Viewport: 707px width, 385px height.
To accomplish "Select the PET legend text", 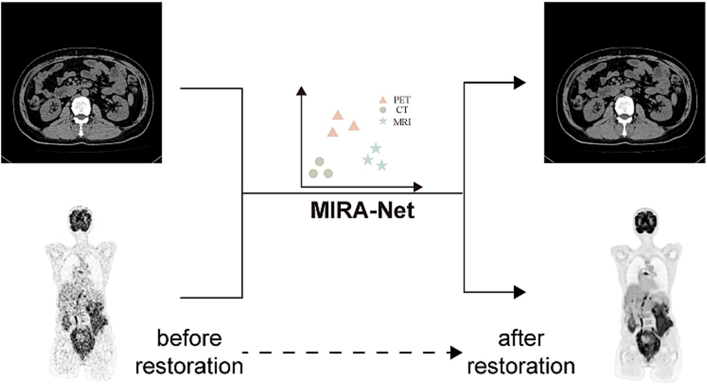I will point(402,100).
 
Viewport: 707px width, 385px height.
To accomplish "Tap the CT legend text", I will point(402,110).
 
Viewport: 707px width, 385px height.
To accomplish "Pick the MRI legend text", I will point(402,122).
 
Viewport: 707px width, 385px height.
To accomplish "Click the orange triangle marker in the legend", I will point(382,100).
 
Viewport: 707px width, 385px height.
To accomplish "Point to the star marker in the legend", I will point(382,122).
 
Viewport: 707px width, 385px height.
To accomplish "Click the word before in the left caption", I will point(189,338).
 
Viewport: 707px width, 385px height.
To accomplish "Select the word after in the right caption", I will point(520,338).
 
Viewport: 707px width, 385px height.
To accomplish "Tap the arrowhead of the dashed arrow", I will point(456,353).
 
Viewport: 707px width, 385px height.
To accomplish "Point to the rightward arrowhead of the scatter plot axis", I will point(418,187).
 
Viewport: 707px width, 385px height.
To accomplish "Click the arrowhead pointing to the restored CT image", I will point(520,83).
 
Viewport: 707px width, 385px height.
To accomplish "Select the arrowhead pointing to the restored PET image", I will point(520,292).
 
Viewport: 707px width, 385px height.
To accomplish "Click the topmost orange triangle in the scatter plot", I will point(338,115).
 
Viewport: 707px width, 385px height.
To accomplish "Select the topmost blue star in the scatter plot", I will point(376,148).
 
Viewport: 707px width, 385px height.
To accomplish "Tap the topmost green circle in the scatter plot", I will point(319,161).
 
